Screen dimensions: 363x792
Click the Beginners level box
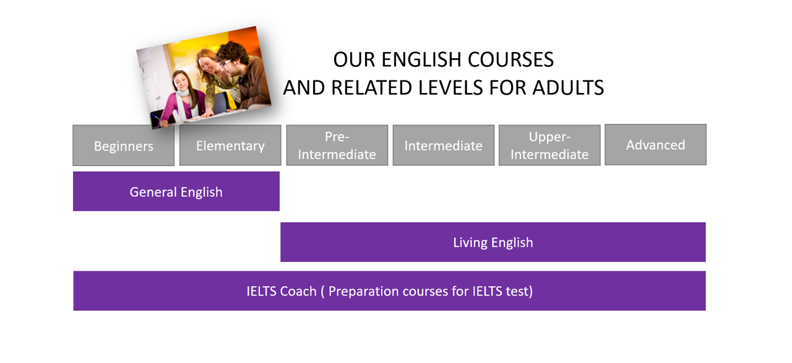tap(123, 146)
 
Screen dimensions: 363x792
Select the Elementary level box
tap(230, 146)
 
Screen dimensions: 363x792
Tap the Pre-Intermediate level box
tap(337, 146)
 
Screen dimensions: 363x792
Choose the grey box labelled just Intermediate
tap(443, 146)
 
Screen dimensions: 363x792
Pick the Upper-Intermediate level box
tap(549, 146)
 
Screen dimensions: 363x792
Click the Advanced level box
tap(655, 145)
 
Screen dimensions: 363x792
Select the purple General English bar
tap(176, 192)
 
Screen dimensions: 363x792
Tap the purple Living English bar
tap(493, 242)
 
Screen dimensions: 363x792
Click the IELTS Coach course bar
tap(389, 291)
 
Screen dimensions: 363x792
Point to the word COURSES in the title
tap(510, 59)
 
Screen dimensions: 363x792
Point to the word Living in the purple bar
tap(470, 242)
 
